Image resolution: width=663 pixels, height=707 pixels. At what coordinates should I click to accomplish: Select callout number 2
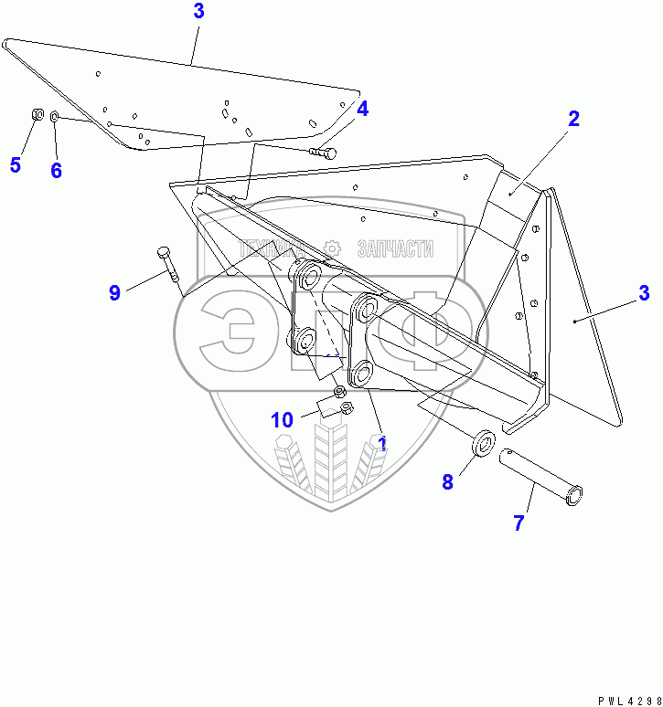pyautogui.click(x=573, y=119)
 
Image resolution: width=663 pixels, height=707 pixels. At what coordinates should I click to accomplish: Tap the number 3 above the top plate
pyautogui.click(x=199, y=12)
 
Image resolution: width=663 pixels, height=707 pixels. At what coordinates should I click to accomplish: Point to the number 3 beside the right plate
pyautogui.click(x=644, y=293)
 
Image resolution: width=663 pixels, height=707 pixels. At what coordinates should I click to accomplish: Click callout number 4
pyautogui.click(x=362, y=110)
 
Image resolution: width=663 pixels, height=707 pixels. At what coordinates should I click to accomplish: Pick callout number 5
pyautogui.click(x=15, y=164)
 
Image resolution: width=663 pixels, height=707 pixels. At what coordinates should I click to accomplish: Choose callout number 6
pyautogui.click(x=56, y=170)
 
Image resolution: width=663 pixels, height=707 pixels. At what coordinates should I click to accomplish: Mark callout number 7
pyautogui.click(x=519, y=523)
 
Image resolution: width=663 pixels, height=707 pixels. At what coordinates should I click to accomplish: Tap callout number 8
pyautogui.click(x=447, y=482)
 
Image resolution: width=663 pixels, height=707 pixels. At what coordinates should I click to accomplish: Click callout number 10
pyautogui.click(x=282, y=420)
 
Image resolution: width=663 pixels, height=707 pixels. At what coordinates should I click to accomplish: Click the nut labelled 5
pyautogui.click(x=36, y=115)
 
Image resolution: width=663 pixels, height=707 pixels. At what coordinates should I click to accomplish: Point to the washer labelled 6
pyautogui.click(x=55, y=117)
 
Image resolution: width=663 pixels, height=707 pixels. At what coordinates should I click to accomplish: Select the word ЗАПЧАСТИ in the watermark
pyautogui.click(x=394, y=248)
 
